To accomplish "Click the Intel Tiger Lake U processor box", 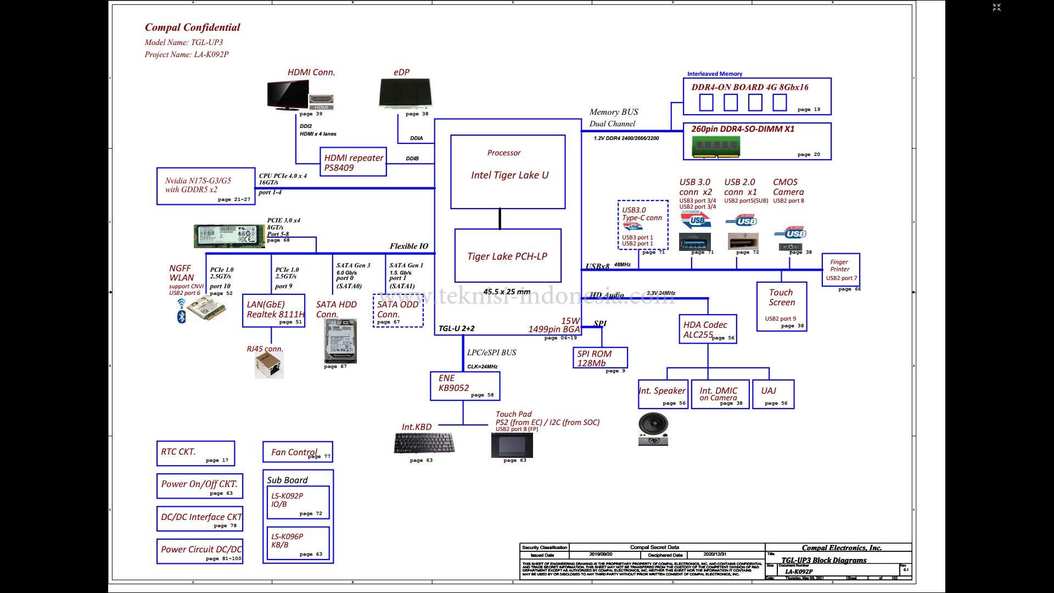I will (508, 172).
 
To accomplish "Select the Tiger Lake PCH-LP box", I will (508, 256).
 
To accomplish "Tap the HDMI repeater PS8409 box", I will (353, 162).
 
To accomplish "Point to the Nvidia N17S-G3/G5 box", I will (206, 186).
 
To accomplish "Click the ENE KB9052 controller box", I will (465, 386).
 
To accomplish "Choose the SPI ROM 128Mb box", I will (599, 358).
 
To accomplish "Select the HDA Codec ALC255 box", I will (708, 329).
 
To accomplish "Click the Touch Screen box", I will (781, 306).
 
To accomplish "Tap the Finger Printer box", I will (840, 269).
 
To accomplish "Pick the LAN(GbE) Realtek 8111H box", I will (273, 311).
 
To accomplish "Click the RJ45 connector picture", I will (269, 365).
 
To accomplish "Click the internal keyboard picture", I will (424, 443).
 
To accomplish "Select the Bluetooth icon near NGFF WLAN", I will (182, 317).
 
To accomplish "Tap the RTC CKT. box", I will (195, 454).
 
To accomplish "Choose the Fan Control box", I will (298, 452).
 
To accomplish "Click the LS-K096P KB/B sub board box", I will (298, 543).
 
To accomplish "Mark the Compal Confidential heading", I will (192, 27).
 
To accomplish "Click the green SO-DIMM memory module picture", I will (716, 146).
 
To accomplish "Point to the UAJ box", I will (773, 394).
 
